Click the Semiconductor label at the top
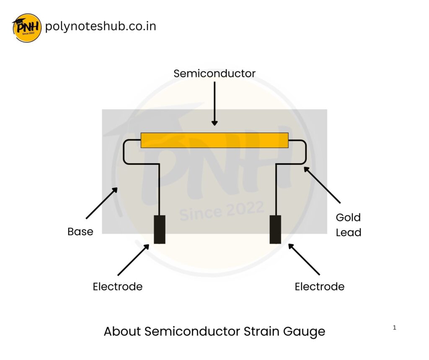[x=214, y=74]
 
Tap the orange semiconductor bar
[x=214, y=140]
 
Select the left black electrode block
[x=159, y=229]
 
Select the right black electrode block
[x=275, y=229]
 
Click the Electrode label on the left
[x=118, y=287]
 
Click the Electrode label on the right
[x=320, y=287]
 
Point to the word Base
[x=80, y=232]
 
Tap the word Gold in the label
[x=348, y=218]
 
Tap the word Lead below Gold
[x=349, y=233]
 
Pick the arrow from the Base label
[x=101, y=204]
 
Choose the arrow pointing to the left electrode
[x=133, y=260]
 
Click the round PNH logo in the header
[x=27, y=28]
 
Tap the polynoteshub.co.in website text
[x=101, y=26]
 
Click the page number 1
[x=394, y=328]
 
